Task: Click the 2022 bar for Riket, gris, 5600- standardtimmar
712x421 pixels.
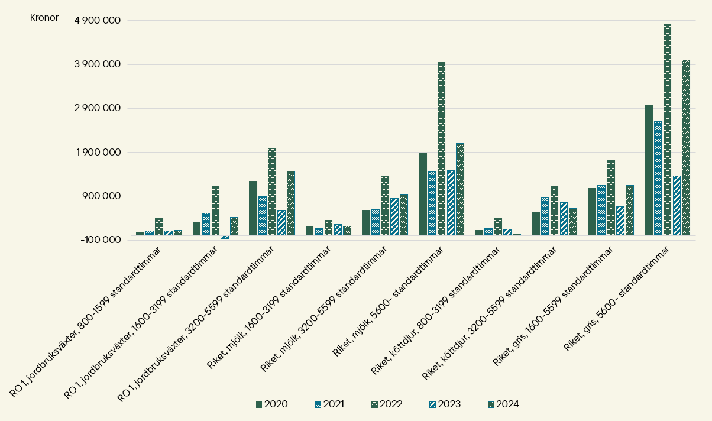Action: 667,129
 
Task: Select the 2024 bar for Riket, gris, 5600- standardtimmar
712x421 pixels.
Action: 686,148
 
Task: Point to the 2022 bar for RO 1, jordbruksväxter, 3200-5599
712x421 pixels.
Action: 272,192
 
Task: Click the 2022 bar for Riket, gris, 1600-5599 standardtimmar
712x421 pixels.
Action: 611,198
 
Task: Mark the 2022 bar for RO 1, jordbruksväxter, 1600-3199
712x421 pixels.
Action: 215,210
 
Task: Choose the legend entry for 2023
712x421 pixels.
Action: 444,404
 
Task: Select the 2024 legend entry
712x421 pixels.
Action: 502,404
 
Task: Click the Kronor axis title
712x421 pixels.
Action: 44,17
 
